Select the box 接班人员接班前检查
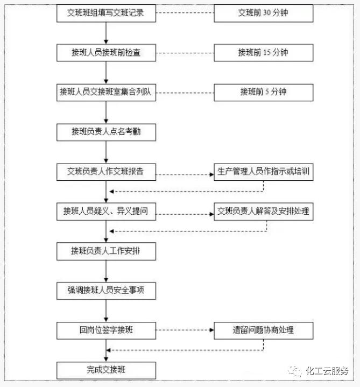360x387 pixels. point(106,53)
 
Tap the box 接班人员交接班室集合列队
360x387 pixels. point(106,92)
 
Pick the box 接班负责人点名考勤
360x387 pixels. point(106,132)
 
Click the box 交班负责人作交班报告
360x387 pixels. point(106,172)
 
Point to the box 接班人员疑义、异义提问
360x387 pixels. point(106,212)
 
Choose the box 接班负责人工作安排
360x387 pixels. point(106,251)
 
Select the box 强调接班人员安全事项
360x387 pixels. point(106,291)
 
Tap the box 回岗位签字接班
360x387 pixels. point(106,330)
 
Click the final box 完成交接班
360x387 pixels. point(106,370)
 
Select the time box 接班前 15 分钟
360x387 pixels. point(263,53)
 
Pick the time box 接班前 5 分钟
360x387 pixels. point(263,92)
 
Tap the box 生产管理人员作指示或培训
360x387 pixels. point(263,172)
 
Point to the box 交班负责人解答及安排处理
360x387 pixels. point(263,212)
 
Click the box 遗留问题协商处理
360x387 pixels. point(263,330)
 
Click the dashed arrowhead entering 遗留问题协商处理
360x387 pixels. point(211,330)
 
